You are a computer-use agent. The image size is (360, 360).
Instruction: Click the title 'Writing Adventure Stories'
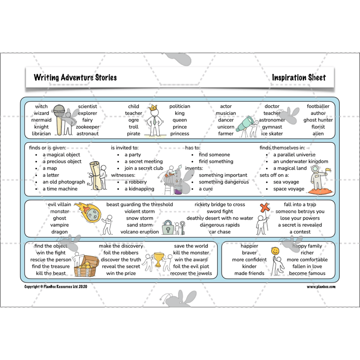75,77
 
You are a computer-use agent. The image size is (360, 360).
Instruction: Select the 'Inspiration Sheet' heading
299,77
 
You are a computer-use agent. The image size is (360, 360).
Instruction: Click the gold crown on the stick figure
153,108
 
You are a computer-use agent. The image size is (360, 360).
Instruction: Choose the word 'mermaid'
41,120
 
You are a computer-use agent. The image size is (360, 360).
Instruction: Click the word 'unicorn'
226,127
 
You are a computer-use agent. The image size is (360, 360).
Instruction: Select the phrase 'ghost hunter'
318,120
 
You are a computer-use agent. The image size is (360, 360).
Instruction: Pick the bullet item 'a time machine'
60,189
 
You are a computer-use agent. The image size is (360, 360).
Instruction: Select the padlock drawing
168,227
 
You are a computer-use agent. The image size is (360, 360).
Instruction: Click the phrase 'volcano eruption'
139,232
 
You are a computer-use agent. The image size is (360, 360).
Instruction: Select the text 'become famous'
307,273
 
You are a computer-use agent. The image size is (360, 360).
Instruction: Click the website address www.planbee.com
321,287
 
